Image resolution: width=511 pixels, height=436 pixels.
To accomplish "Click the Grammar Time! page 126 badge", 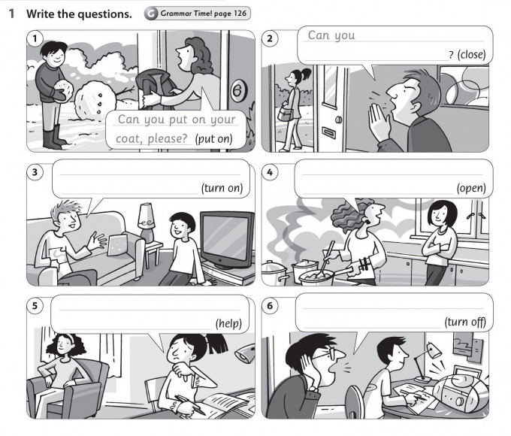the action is [x=198, y=14].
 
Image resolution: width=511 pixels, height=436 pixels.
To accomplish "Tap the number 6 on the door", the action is [x=238, y=90].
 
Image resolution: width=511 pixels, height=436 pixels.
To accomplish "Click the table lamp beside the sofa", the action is [x=147, y=223].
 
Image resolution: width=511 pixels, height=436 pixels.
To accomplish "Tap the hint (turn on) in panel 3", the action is [x=222, y=188].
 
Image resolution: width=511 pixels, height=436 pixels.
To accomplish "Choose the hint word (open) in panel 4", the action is [x=471, y=188].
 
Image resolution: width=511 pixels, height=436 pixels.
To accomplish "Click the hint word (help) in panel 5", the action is [x=228, y=323].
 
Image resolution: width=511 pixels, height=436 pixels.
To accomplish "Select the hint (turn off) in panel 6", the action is [x=465, y=322].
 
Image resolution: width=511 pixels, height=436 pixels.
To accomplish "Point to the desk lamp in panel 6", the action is [x=428, y=362].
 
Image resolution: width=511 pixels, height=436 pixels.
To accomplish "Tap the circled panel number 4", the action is [x=270, y=172].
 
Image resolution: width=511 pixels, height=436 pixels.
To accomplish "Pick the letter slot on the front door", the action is [x=329, y=133].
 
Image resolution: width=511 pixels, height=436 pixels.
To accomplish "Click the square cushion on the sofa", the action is [x=118, y=245].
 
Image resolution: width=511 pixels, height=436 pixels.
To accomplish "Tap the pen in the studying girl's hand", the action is [x=191, y=404].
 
